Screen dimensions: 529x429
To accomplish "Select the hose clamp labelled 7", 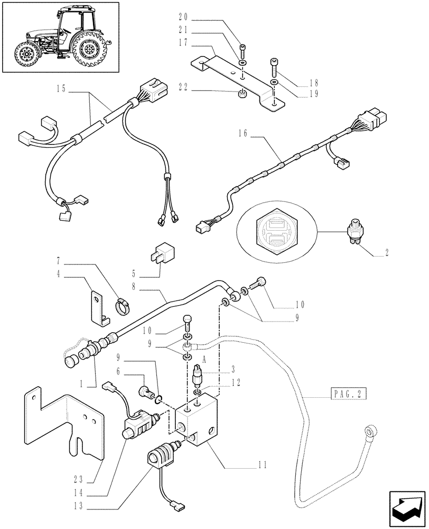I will pos(123,305).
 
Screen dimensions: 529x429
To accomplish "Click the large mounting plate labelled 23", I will pos(63,423).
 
